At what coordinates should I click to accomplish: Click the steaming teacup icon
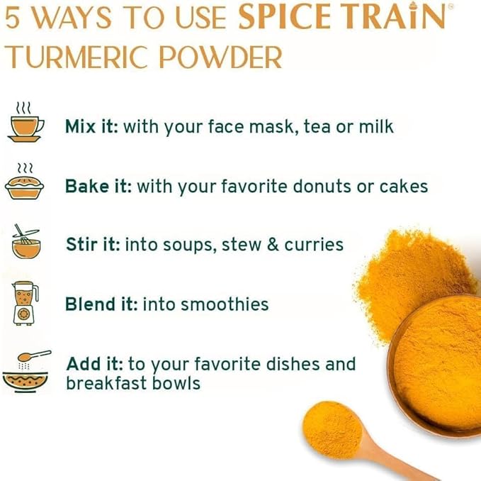pos(26,122)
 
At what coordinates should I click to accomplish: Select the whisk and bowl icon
pos(26,241)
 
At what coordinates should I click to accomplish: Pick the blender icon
pos(26,304)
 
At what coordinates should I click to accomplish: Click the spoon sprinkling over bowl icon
pos(26,372)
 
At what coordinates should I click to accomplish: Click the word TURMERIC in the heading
pos(76,57)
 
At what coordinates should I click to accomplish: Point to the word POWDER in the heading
pos(221,57)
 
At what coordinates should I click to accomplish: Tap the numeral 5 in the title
pos(12,18)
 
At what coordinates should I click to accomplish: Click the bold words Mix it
pos(91,126)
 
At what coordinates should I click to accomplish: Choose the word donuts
pos(322,186)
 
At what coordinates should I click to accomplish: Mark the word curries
pos(314,245)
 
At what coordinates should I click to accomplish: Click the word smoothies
pos(225,304)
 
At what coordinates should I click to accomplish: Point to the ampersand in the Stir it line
pos(273,245)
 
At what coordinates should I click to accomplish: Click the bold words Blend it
pos(101,304)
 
